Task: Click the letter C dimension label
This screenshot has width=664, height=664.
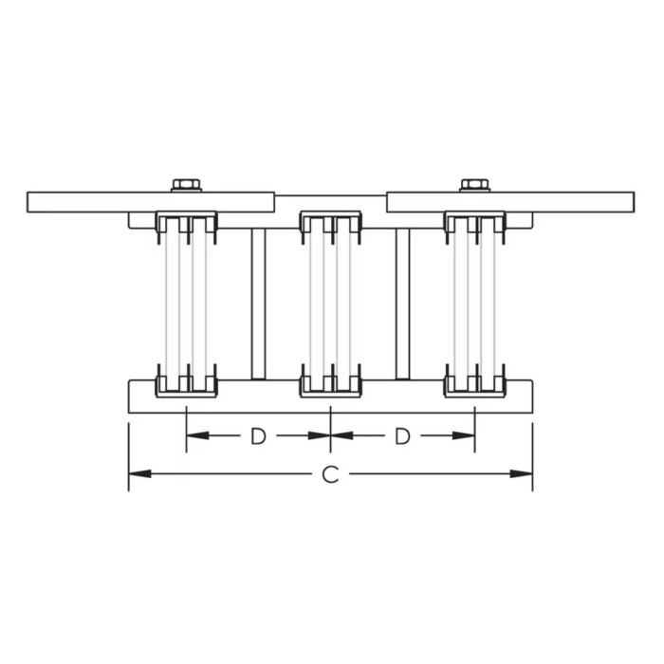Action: pyautogui.click(x=330, y=474)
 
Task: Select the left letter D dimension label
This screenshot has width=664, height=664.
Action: pyautogui.click(x=258, y=436)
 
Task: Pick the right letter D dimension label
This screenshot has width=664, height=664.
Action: pyautogui.click(x=402, y=436)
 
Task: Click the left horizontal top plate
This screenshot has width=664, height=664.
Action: pyautogui.click(x=95, y=201)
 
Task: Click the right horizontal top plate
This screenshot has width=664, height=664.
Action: pyautogui.click(x=569, y=201)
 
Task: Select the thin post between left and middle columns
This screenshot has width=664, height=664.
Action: pyautogui.click(x=258, y=304)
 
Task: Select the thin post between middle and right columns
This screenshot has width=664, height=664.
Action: pyautogui.click(x=402, y=304)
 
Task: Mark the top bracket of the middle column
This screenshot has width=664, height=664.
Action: pyautogui.click(x=330, y=223)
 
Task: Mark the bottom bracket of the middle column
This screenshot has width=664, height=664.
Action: pyautogui.click(x=330, y=384)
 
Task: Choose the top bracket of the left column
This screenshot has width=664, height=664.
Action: pyautogui.click(x=186, y=223)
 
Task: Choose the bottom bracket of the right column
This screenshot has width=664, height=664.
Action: pyautogui.click(x=474, y=384)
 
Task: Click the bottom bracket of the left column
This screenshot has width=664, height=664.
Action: pyautogui.click(x=186, y=384)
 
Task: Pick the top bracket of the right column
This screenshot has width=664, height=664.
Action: pyautogui.click(x=474, y=223)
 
